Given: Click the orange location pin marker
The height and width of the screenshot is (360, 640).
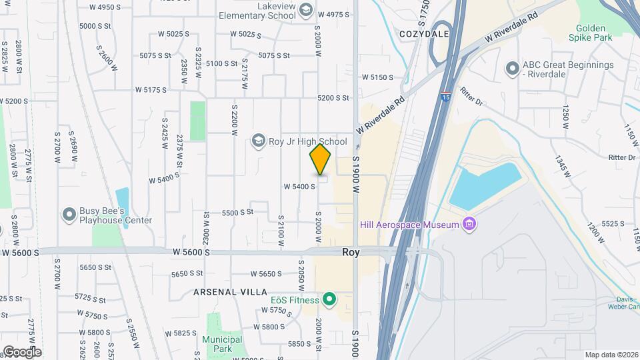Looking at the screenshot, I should click(x=320, y=159).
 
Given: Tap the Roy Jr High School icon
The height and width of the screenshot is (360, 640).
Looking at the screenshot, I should click(x=258, y=141).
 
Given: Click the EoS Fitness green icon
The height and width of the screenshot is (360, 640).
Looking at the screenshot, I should click(x=329, y=299).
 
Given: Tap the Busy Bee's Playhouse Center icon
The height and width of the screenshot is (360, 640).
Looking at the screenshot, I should click(x=69, y=215).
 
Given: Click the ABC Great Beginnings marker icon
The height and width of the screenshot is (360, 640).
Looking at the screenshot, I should click(x=512, y=69).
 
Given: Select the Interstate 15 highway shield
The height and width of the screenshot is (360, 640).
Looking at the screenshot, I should click(x=445, y=97).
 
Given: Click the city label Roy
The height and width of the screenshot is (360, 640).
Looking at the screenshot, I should click(x=351, y=252).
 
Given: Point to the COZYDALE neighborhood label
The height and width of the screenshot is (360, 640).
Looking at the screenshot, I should click(x=423, y=33).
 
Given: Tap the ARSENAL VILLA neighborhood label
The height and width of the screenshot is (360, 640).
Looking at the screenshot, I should click(x=230, y=292).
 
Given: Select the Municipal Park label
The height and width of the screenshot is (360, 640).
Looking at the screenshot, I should click(x=222, y=345).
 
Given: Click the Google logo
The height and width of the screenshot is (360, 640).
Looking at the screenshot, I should click(x=21, y=351).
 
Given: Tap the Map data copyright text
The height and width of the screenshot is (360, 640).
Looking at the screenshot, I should click(x=610, y=355).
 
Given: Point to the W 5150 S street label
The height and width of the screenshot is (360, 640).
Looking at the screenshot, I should click(x=377, y=77).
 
